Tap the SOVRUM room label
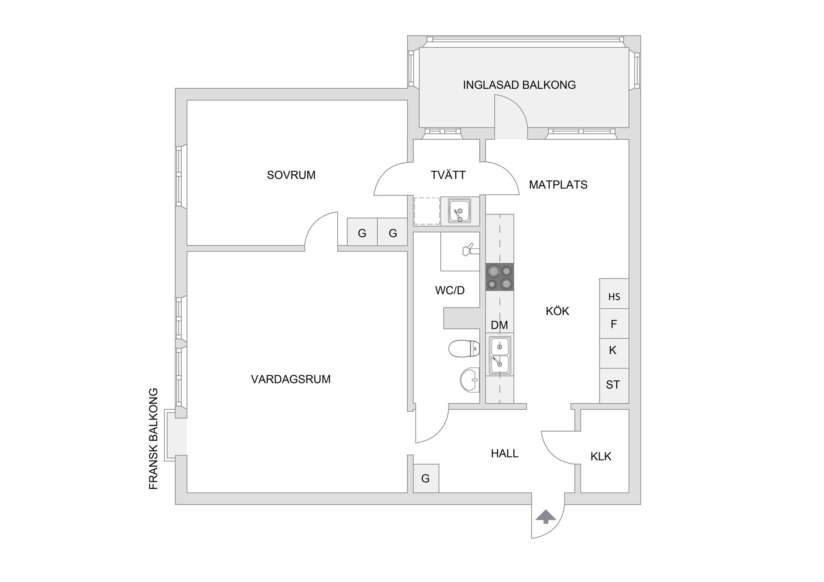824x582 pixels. tap(291, 175)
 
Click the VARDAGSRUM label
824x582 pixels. tap(291, 379)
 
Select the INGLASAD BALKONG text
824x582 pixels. tap(519, 85)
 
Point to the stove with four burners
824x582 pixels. tap(500, 277)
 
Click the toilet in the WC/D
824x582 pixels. tap(464, 348)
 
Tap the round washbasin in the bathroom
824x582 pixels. tap(470, 380)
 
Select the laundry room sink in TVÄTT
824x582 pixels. tap(459, 211)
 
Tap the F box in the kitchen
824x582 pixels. tap(614, 324)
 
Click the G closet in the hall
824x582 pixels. tap(426, 478)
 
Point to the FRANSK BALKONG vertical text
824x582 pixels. tap(153, 439)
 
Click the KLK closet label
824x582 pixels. tap(600, 456)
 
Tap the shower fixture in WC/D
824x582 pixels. tap(467, 250)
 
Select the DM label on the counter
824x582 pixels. tap(499, 325)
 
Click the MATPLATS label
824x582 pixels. tap(558, 185)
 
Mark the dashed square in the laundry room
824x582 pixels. tap(427, 211)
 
